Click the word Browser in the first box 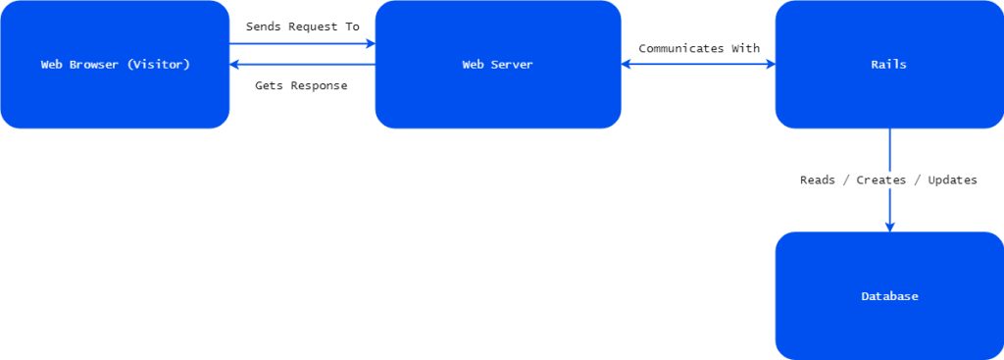[x=92, y=65]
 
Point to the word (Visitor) [x=159, y=65]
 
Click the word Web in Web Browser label [x=51, y=65]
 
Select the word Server [x=513, y=65]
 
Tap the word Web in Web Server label [x=473, y=65]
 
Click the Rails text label [x=888, y=65]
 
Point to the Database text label [x=889, y=296]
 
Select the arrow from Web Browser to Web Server [x=302, y=43]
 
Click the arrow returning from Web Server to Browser [x=302, y=66]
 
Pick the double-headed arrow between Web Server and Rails [x=698, y=65]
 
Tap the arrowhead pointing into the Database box [x=889, y=227]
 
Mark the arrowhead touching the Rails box [x=769, y=65]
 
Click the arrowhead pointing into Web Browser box [x=235, y=66]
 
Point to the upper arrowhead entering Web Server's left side [x=370, y=43]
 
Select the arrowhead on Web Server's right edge [x=627, y=65]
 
